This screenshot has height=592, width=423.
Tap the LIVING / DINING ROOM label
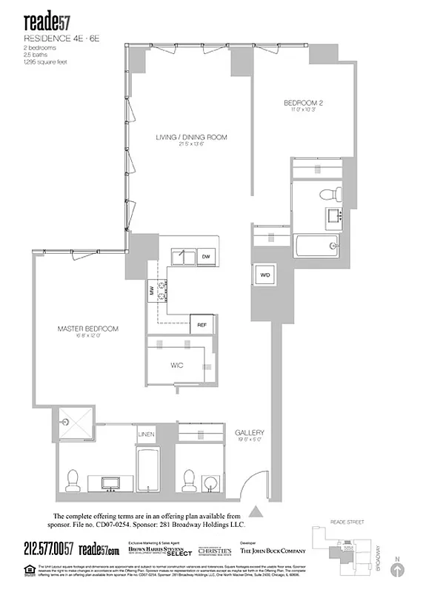click(191, 138)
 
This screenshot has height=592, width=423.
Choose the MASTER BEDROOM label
click(88, 329)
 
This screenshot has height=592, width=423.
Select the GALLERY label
click(250, 432)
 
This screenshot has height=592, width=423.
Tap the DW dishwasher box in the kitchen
click(207, 256)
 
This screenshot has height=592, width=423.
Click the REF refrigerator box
click(201, 325)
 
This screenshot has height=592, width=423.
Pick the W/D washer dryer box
click(264, 276)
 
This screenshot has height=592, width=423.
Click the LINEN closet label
click(147, 434)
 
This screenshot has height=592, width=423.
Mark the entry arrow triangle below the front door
click(256, 511)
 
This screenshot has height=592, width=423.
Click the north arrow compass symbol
click(399, 569)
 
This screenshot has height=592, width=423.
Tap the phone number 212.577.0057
click(48, 548)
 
